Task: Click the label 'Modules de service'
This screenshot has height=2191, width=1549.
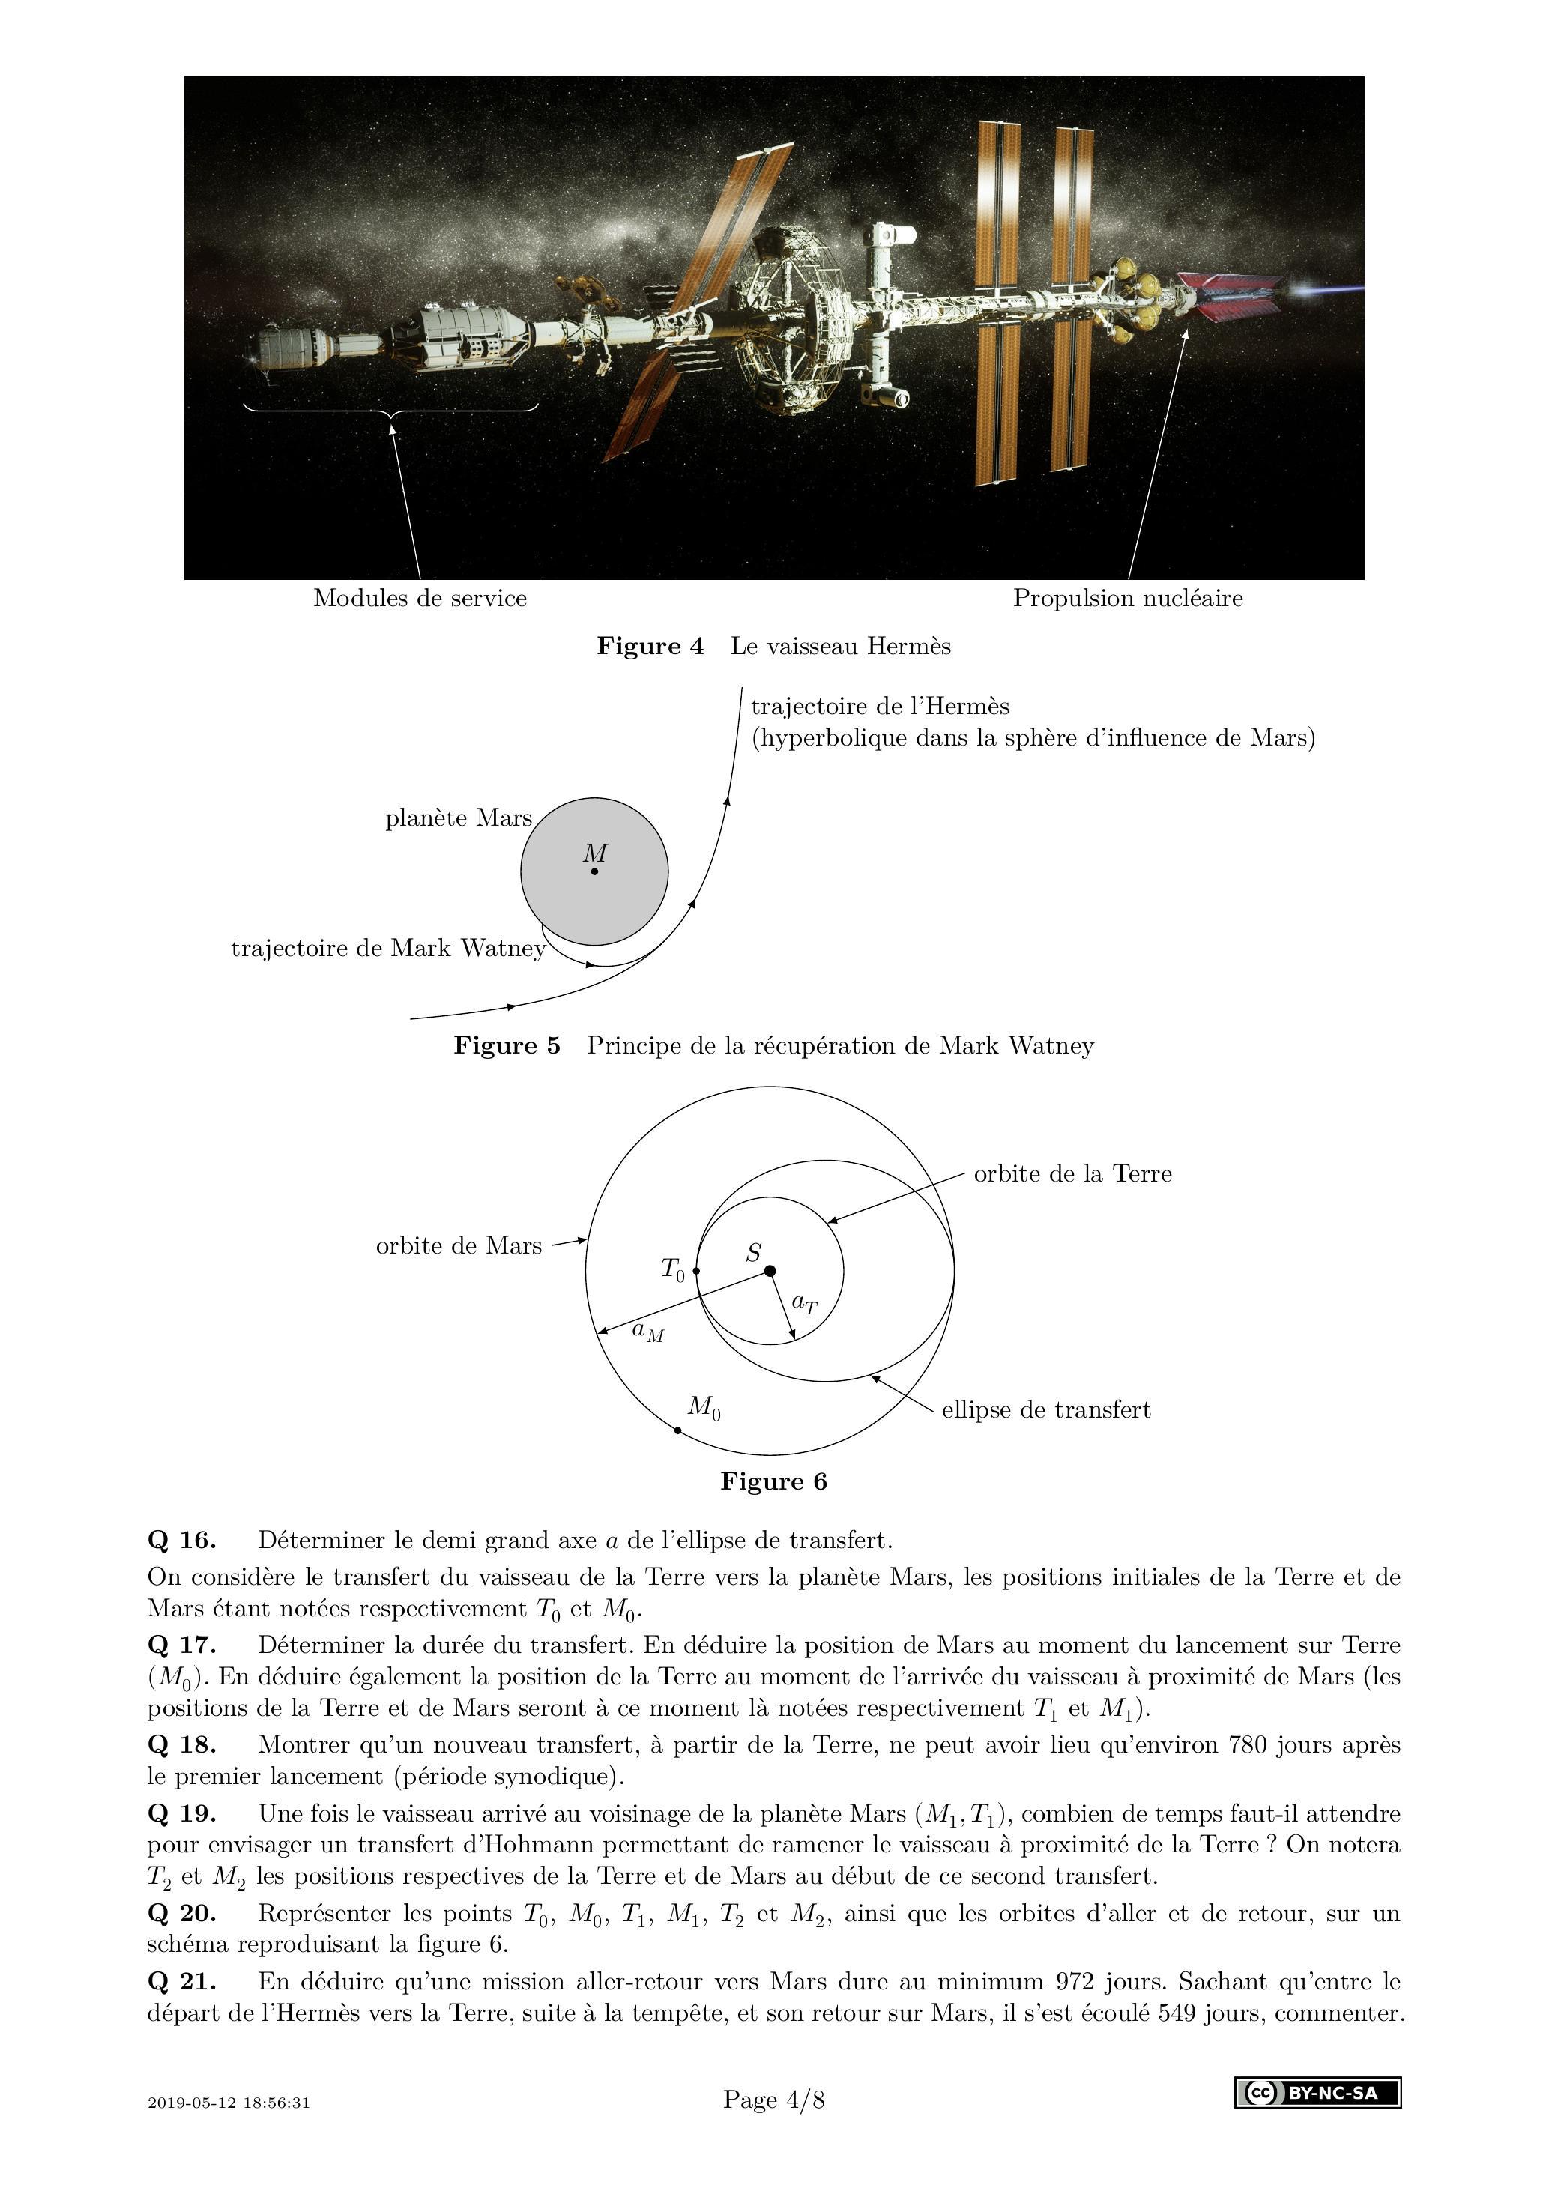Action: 420,598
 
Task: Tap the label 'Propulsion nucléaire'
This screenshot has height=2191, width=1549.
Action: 1127,598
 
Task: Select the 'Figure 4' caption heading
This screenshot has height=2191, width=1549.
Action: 650,646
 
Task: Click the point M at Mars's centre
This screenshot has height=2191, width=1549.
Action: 594,871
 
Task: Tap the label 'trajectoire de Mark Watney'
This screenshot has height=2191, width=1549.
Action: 388,948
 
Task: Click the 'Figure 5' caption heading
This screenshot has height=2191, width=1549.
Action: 507,1045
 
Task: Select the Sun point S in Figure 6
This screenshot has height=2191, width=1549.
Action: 770,1270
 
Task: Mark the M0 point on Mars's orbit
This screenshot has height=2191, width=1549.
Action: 677,1430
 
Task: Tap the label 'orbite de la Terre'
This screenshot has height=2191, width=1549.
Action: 1072,1173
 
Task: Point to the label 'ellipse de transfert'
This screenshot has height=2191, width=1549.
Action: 1045,1409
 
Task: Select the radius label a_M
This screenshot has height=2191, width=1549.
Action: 648,1332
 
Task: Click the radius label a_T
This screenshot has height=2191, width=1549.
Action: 805,1304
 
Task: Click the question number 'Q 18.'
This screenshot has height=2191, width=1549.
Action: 181,1744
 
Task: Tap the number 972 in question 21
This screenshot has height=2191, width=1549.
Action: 1078,1981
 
